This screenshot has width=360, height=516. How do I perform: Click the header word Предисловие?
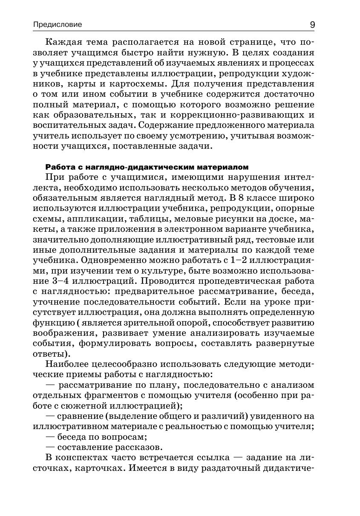58,25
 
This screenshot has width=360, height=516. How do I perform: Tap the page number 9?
312,25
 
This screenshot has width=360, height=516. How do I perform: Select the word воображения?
62,333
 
